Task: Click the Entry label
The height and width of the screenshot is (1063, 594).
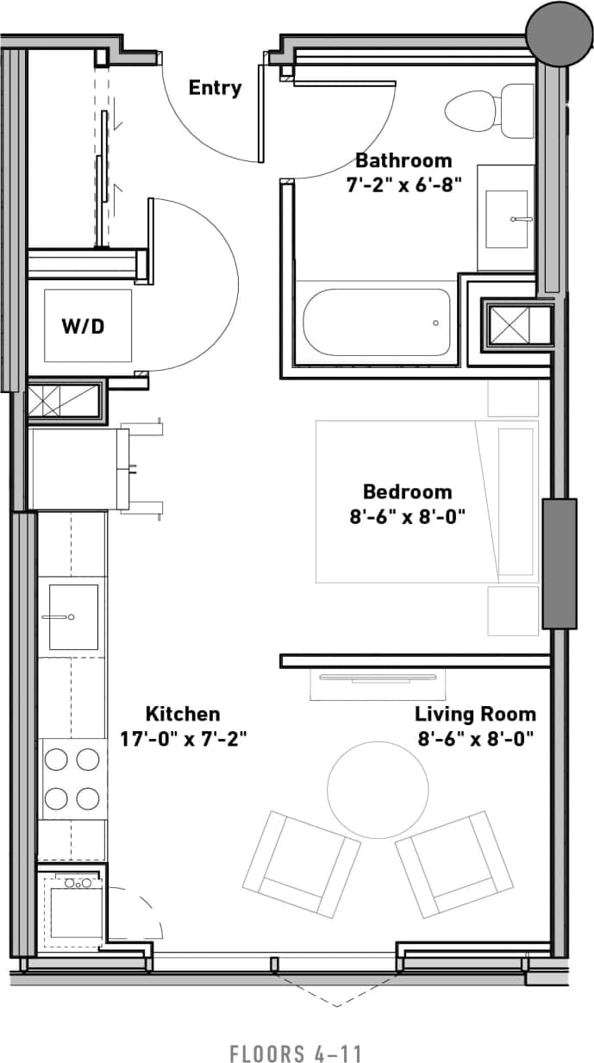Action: click(215, 88)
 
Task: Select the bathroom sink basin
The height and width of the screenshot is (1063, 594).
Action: click(507, 219)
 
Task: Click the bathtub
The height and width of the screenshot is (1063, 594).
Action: click(377, 322)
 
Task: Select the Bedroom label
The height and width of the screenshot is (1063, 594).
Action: click(407, 491)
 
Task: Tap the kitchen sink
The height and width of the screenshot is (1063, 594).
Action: click(73, 616)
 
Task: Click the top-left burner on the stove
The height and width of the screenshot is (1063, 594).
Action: click(57, 760)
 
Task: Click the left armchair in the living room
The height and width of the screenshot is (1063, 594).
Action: click(301, 864)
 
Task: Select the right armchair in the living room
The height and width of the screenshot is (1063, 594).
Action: click(453, 864)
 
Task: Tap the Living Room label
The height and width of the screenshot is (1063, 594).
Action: click(475, 714)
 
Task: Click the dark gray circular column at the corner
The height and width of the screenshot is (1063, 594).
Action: click(560, 32)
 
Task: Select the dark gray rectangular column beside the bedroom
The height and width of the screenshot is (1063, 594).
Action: click(559, 564)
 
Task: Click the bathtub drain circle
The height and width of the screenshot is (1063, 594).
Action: click(435, 323)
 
